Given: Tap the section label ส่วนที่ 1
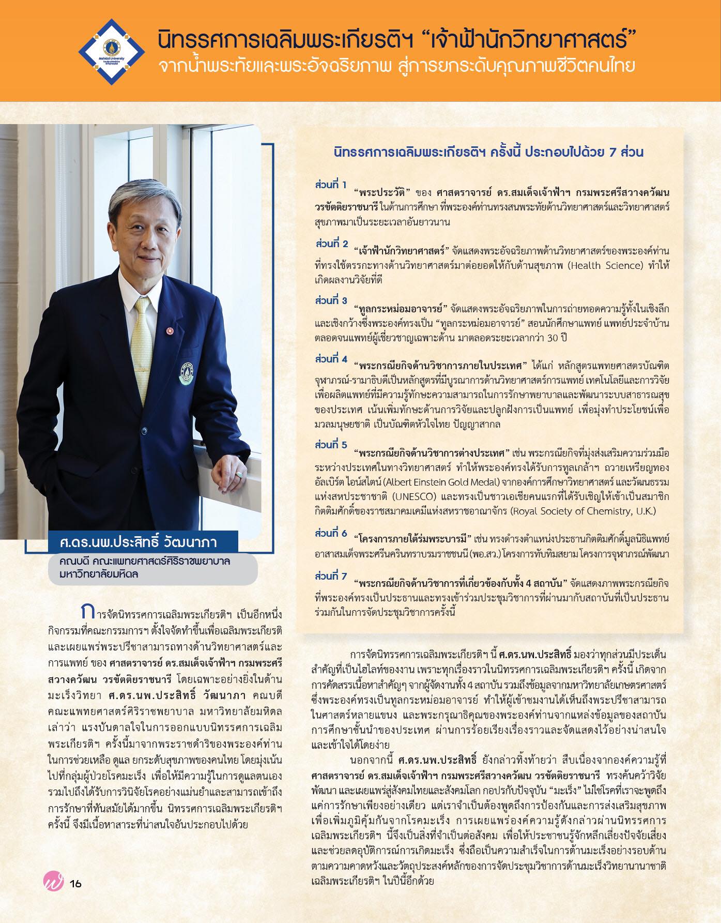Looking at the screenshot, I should click(331, 185).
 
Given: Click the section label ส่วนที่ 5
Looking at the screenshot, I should click(331, 445).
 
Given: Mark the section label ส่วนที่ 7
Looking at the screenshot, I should click(331, 576).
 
